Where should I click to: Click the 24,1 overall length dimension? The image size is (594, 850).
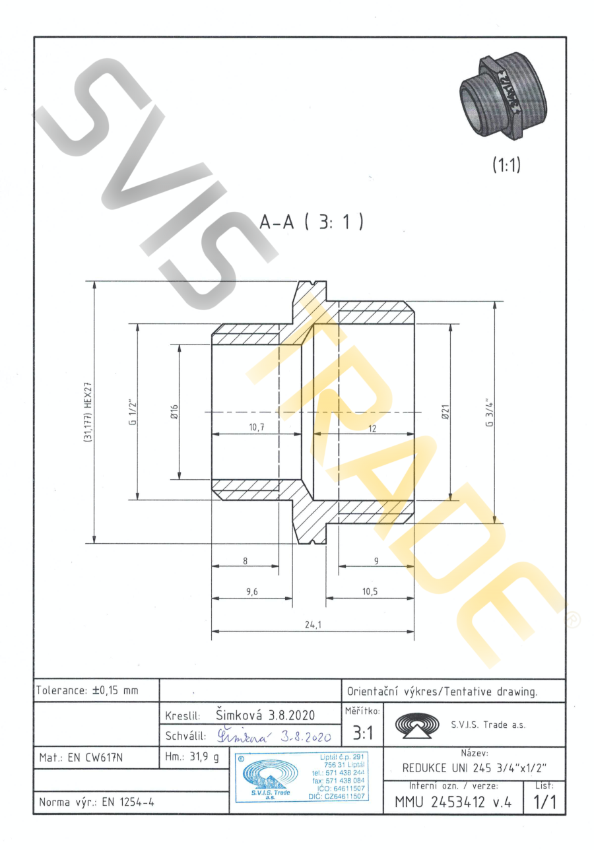click(x=313, y=624)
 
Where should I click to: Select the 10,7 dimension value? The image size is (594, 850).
click(x=257, y=427)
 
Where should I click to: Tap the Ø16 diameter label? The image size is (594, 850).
click(x=175, y=412)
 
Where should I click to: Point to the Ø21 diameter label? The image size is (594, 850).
click(x=445, y=412)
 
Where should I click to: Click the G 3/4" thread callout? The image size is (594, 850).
click(x=490, y=413)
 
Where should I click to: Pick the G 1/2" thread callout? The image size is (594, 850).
click(x=133, y=412)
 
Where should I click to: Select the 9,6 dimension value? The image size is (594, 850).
click(x=251, y=591)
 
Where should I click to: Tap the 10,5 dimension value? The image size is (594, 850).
click(x=370, y=591)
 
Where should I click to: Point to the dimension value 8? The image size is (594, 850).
click(x=246, y=560)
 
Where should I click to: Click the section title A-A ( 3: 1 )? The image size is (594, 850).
click(x=312, y=222)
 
